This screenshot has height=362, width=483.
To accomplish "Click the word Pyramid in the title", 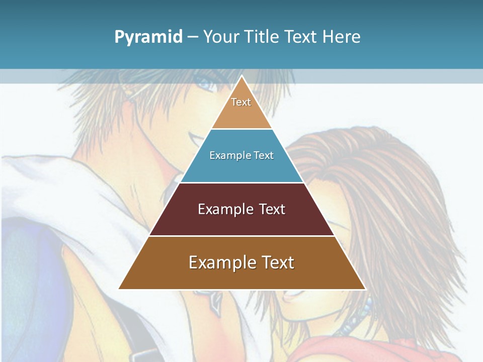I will click(148, 37).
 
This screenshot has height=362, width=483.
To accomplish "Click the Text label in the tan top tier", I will click(241, 102).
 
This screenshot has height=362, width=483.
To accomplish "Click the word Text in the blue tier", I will click(264, 155).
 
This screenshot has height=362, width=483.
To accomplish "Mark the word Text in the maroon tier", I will click(272, 209).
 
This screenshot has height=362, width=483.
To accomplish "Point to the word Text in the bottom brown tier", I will click(278, 262).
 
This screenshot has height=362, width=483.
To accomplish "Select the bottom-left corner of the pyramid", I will click(119, 289).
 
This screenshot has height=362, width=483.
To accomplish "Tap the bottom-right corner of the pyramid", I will click(365, 289).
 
